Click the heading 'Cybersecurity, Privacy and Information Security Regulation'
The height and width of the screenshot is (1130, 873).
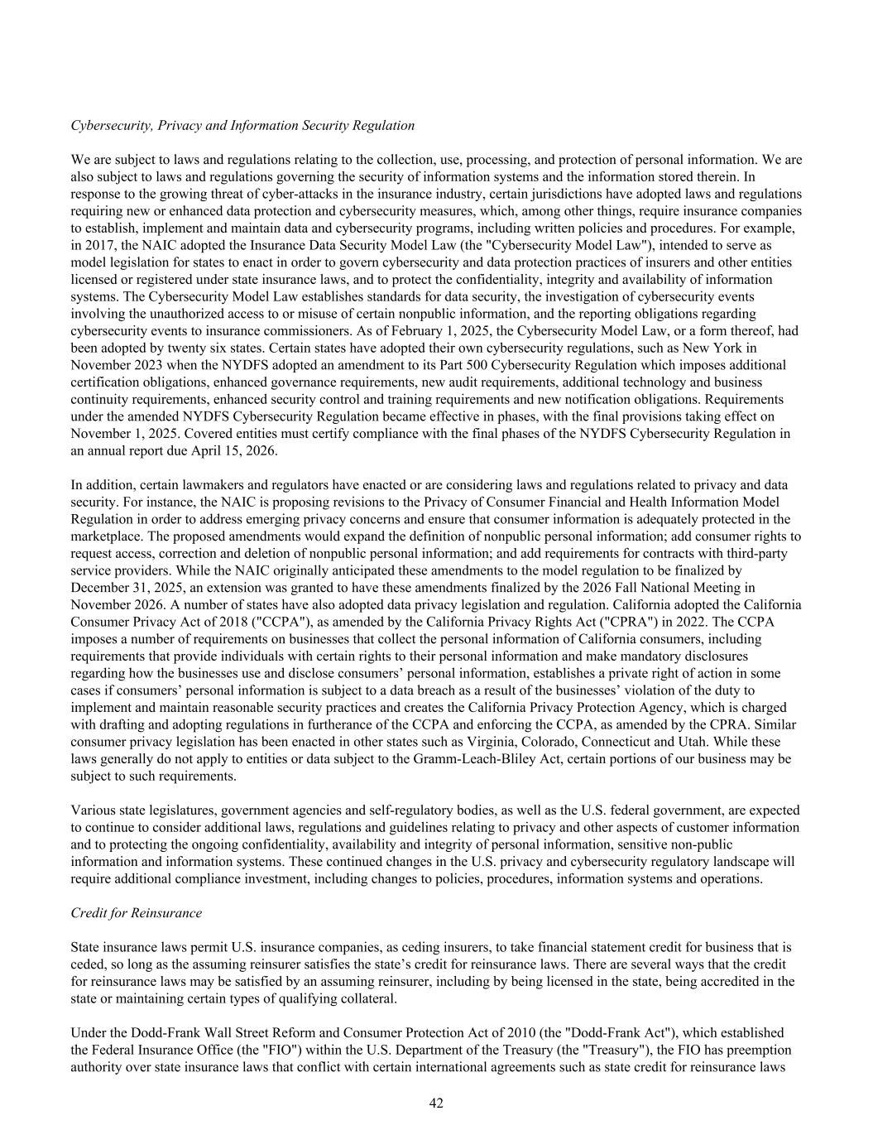[x=242, y=126]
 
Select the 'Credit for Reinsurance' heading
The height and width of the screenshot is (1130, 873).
[x=137, y=913]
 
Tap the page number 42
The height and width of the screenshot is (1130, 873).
[x=436, y=1103]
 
